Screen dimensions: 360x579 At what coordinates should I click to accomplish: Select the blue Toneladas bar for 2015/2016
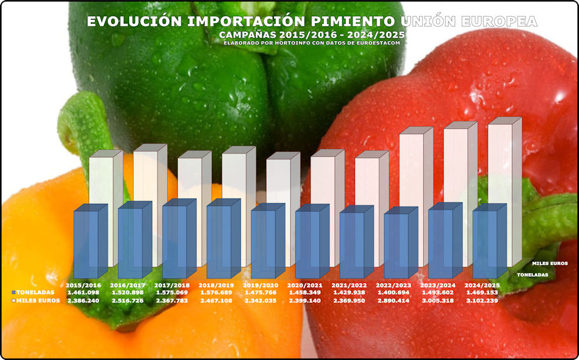[x=86, y=243]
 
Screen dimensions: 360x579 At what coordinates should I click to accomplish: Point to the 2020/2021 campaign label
[x=305, y=285]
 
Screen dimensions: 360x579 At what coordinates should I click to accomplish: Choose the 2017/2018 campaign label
[x=172, y=285]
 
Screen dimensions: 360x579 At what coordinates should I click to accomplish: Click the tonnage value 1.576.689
[x=217, y=293]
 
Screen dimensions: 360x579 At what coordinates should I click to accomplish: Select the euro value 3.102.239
[x=482, y=301]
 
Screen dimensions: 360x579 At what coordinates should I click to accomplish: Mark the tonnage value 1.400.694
[x=393, y=293]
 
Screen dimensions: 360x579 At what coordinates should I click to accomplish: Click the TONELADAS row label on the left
[x=36, y=293]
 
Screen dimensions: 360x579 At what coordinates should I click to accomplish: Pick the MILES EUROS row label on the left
[x=38, y=301]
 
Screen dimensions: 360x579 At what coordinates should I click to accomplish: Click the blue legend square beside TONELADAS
[x=13, y=293]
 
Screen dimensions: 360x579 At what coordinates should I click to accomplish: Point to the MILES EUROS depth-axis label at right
[x=549, y=263]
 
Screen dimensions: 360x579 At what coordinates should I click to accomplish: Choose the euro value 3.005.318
[x=438, y=301]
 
